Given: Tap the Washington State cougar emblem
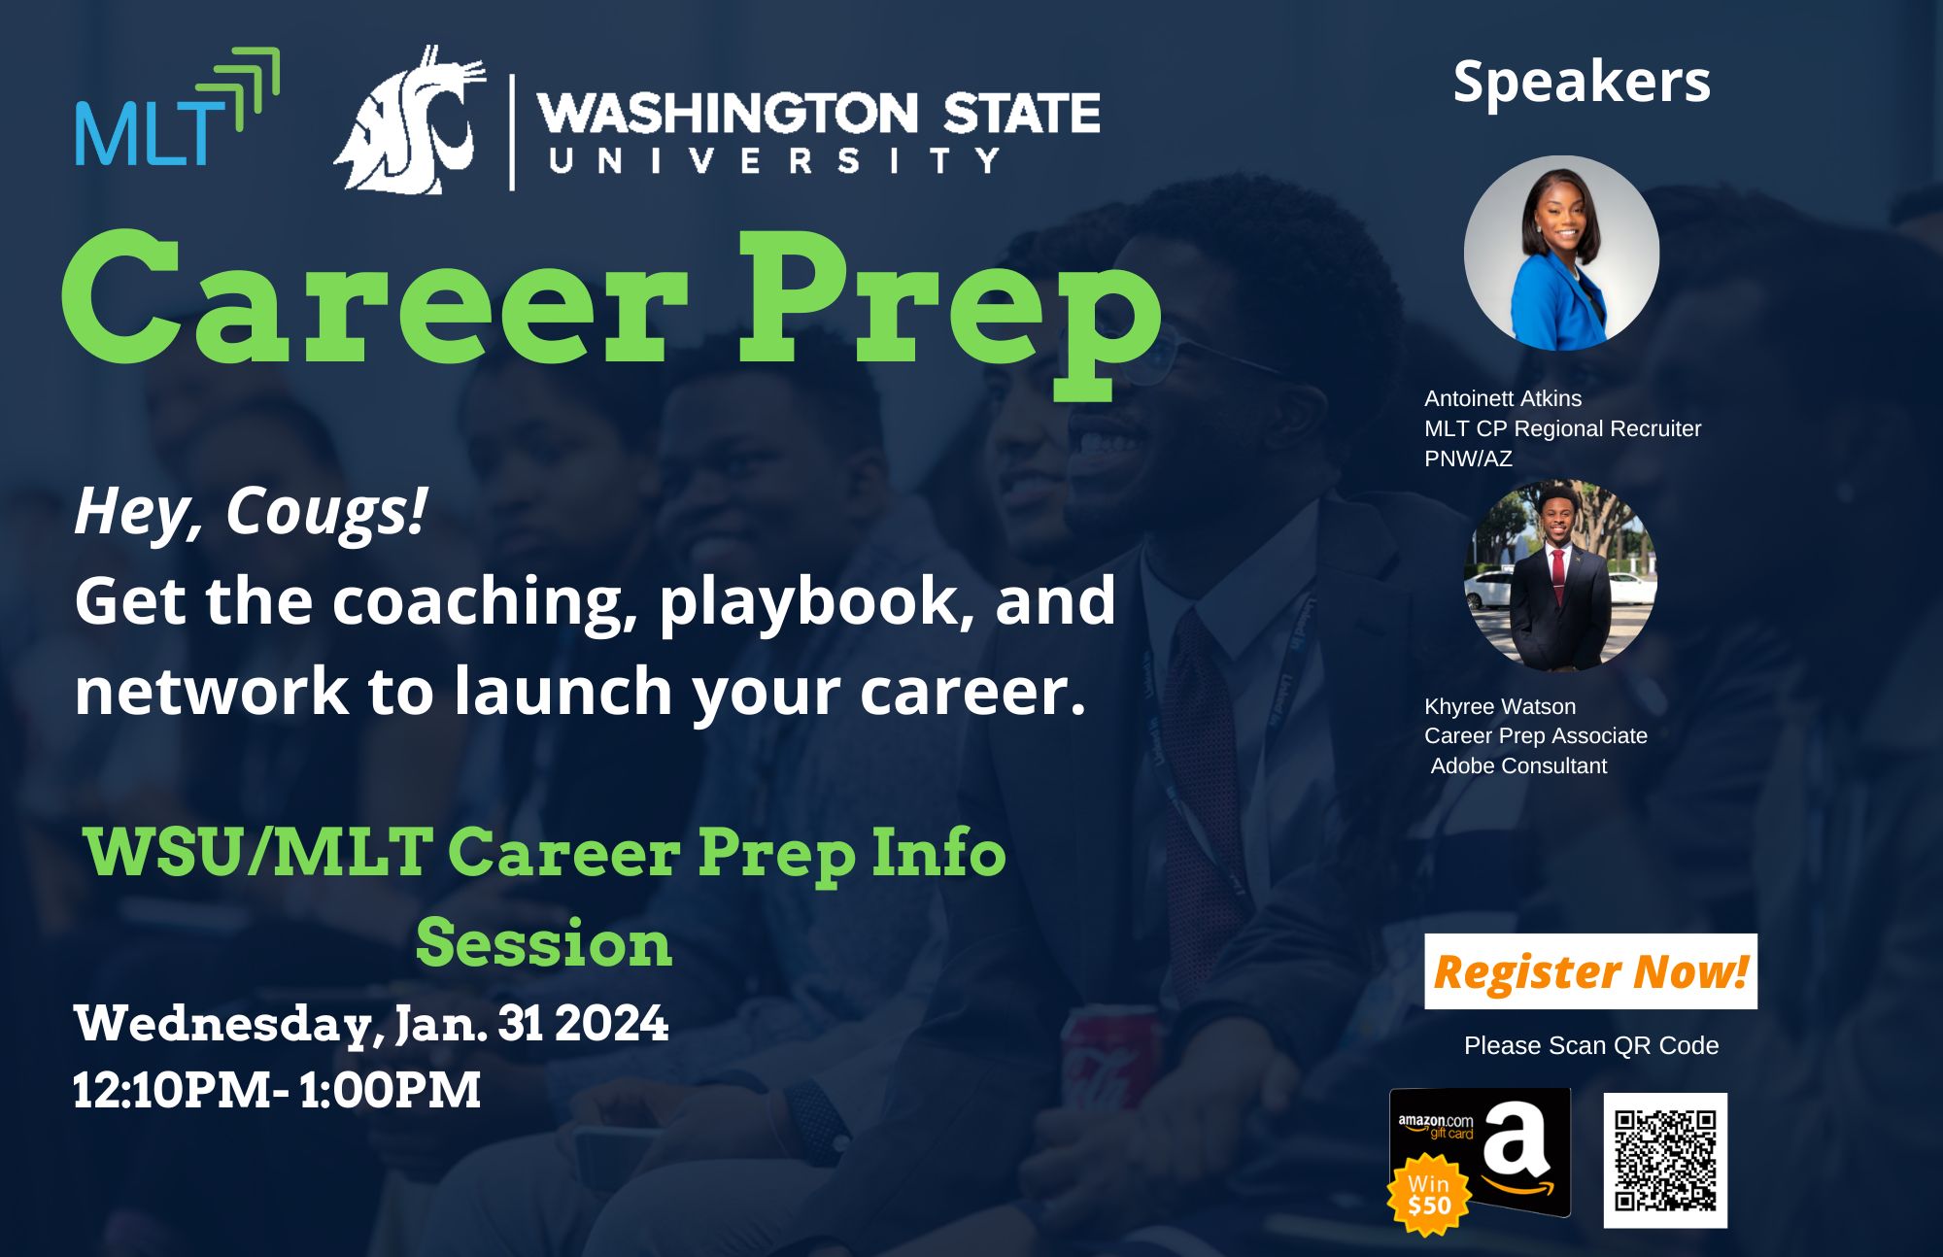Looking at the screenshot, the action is pos(410,119).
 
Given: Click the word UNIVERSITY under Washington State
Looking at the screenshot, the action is pos(774,160).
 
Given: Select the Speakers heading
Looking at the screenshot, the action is pos(1582,82).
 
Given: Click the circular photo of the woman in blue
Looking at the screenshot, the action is pos(1561,253).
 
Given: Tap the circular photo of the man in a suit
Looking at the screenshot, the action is pos(1560,575).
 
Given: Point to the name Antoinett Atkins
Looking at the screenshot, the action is pos(1503,398).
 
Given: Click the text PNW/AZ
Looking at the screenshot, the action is pos(1468,459).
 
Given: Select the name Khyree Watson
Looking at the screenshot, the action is pos(1500,706).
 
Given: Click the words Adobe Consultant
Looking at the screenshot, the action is pos(1518,765).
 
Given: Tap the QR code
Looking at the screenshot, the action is pos(1665,1160).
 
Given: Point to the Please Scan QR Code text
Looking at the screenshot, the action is pos(1591,1045).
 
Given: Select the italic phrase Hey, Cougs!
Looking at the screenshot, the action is pos(251,512).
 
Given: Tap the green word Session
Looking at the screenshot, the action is pos(544,942).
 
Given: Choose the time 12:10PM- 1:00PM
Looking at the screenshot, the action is pos(277,1090).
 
